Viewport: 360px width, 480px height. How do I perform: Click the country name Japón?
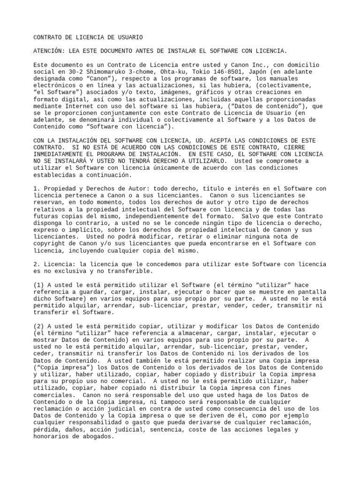click(251, 72)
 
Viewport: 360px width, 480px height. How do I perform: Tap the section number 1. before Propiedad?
click(37, 188)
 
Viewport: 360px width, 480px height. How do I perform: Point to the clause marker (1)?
click(40, 285)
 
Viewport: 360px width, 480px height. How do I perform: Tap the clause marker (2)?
click(40, 326)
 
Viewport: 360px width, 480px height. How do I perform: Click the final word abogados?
click(97, 436)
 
